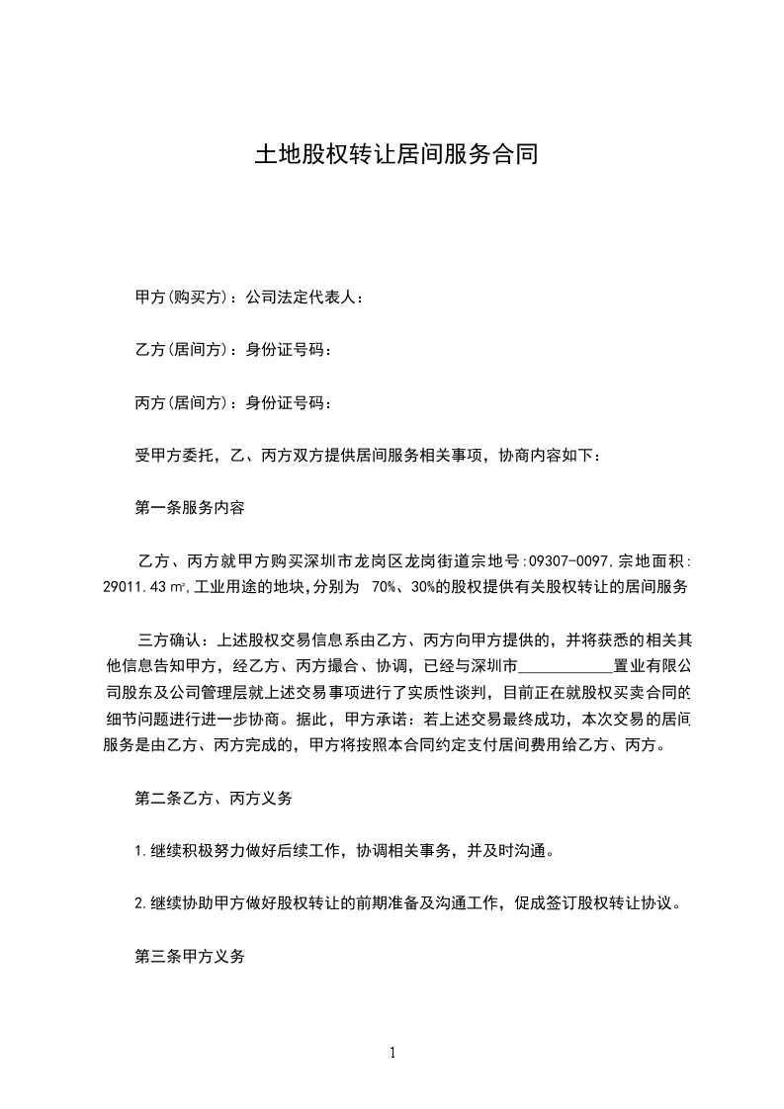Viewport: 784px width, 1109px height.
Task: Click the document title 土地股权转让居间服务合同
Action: [395, 155]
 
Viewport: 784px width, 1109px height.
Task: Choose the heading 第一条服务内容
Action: [190, 509]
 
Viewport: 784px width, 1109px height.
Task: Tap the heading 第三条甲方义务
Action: [190, 957]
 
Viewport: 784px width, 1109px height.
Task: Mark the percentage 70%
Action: [383, 587]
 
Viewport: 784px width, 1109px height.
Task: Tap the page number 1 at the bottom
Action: [392, 1053]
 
